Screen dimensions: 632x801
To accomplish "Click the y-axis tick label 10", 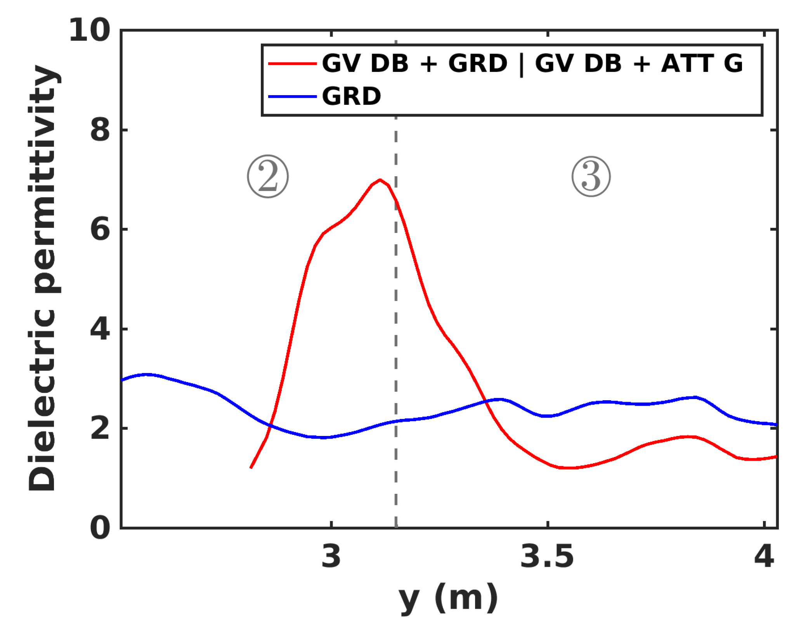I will (89, 30).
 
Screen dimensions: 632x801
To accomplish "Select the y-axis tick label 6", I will (100, 229).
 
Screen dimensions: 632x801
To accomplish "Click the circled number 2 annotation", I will (268, 177).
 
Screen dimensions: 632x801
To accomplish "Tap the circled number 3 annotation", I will (591, 177).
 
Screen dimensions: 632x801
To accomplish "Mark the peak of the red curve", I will (380, 180).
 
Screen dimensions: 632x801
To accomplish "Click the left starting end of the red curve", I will (251, 468).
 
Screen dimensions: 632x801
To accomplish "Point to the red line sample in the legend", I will (292, 63).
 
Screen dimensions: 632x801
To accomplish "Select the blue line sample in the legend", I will (292, 96).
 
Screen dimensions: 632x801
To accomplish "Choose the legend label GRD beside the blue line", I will (352, 96).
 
